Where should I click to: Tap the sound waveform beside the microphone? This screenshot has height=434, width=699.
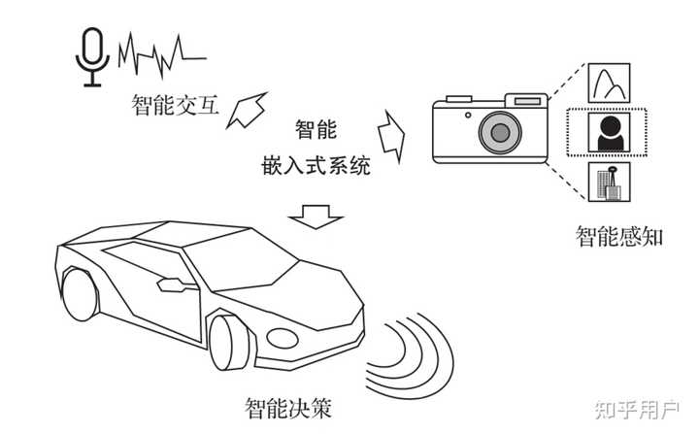[161, 56]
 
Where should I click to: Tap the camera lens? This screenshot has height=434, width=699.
[500, 131]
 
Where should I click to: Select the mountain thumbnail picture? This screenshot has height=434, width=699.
[607, 83]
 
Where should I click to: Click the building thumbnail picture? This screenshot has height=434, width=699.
[607, 182]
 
